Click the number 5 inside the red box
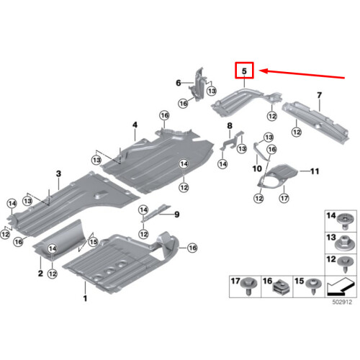[244, 71]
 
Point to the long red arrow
[302, 74]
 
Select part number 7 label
[319, 95]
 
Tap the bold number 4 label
[135, 125]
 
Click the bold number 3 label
[58, 174]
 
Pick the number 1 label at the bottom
[85, 298]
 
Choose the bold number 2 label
[40, 273]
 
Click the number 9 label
[177, 215]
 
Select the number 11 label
[315, 171]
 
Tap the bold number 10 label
[257, 168]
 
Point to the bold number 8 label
[230, 125]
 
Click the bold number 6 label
[179, 83]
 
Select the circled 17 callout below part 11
[284, 198]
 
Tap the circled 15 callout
[93, 242]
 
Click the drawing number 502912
[342, 302]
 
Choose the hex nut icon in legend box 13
[343, 243]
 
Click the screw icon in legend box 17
[250, 287]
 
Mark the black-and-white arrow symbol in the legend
[340, 287]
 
